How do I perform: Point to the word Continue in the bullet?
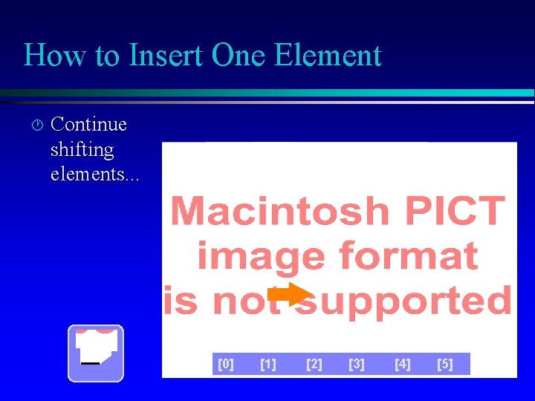point(88,124)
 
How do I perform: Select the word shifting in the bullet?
point(82,149)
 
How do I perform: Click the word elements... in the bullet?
point(94,175)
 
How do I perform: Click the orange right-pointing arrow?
point(288,295)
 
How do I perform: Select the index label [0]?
point(226,364)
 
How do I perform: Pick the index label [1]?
point(268,364)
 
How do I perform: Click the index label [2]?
point(314,364)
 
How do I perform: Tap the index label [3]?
point(357,364)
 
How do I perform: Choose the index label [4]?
point(403,364)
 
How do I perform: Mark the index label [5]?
point(444,364)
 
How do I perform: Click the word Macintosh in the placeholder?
point(279,212)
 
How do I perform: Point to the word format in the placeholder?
point(408,256)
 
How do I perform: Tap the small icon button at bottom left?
point(95,353)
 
